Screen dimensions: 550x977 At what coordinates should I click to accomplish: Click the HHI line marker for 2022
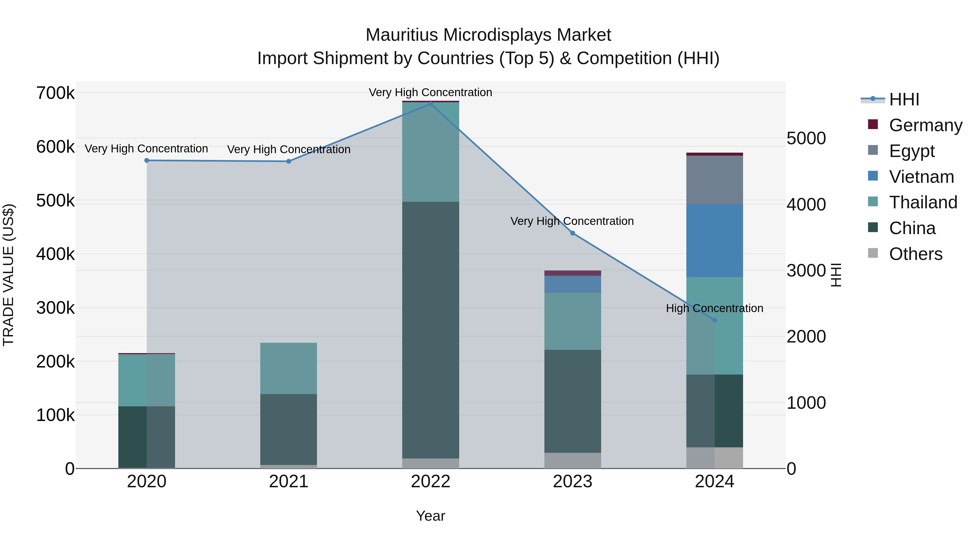[x=430, y=104]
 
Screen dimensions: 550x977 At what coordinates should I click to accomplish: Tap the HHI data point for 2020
[x=147, y=161]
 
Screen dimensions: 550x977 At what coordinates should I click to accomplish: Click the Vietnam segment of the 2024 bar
[x=715, y=241]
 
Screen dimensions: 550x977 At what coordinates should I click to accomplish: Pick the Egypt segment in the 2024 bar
[x=715, y=180]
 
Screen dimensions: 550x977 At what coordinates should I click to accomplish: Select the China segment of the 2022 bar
[x=430, y=330]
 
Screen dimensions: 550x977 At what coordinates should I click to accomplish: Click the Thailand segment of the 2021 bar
[x=289, y=368]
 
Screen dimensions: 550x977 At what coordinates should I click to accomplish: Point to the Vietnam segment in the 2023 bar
[x=573, y=284]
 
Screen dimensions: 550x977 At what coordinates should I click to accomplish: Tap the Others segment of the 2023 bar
[x=573, y=460]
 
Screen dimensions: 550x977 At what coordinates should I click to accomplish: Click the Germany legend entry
[x=925, y=125]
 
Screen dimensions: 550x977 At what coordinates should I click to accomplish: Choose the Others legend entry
[x=916, y=254]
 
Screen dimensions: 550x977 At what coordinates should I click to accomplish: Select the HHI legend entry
[x=904, y=99]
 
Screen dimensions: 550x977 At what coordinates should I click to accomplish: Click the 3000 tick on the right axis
[x=806, y=271]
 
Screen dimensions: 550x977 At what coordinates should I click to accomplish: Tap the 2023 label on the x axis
[x=573, y=482]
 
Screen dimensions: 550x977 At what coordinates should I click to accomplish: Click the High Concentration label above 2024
[x=715, y=308]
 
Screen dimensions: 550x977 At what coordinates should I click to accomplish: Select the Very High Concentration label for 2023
[x=572, y=221]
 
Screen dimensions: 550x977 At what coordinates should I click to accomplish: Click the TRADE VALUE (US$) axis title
[x=9, y=275]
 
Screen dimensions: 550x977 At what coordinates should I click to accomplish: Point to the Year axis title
[x=430, y=516]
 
